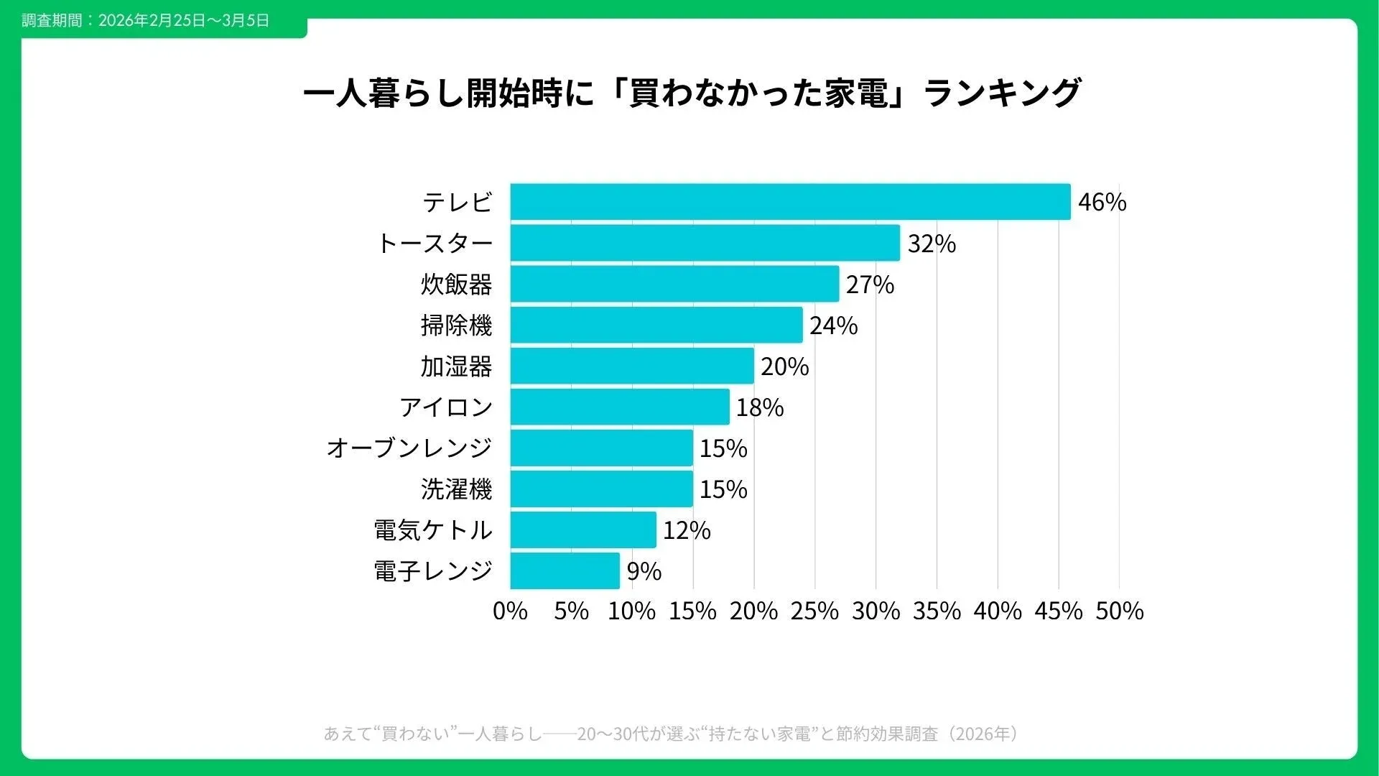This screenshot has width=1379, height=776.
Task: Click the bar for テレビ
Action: [x=790, y=202]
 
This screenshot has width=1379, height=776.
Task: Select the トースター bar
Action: [x=705, y=243]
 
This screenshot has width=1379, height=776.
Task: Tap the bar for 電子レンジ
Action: [x=565, y=571]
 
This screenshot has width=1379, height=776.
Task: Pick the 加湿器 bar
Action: [x=632, y=366]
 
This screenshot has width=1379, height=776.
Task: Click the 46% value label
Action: [x=1102, y=203]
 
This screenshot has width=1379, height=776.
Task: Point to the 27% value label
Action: [x=870, y=285]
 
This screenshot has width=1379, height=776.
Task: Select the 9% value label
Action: [x=644, y=571]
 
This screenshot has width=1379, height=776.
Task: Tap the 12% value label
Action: [x=687, y=530]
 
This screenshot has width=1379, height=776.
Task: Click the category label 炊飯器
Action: [x=456, y=285]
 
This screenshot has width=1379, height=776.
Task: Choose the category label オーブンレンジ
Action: [x=409, y=448]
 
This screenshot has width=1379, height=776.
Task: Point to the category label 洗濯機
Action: [x=456, y=489]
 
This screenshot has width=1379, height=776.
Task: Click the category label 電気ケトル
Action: [x=433, y=530]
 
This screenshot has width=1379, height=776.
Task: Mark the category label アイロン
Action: [x=446, y=407]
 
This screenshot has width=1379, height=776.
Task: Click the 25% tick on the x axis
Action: [x=814, y=611]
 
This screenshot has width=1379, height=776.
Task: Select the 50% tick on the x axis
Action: [x=1119, y=611]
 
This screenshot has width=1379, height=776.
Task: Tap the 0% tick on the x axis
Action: [x=510, y=611]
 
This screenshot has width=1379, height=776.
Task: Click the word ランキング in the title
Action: [x=1003, y=93]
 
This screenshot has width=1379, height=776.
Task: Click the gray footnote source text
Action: [x=671, y=734]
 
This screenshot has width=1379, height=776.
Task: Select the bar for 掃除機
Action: [x=656, y=325]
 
